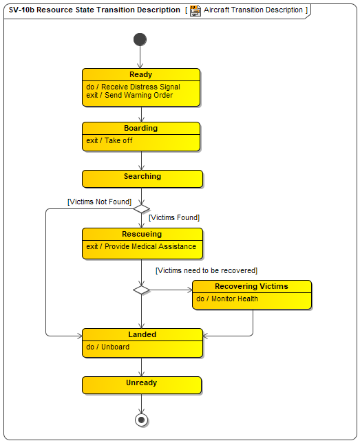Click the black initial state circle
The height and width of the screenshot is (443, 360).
click(x=140, y=39)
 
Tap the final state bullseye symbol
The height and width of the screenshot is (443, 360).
click(x=141, y=420)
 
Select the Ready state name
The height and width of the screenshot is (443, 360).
click(x=141, y=74)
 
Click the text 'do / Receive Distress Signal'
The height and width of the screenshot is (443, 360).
click(x=133, y=87)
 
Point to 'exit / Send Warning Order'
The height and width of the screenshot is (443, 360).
click(x=129, y=95)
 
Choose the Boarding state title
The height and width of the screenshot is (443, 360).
click(x=141, y=128)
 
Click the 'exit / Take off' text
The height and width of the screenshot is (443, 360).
click(x=109, y=140)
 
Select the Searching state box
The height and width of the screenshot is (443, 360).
click(x=142, y=179)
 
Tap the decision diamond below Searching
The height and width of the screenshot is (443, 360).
click(x=141, y=209)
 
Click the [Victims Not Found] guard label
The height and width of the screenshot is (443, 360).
click(x=100, y=202)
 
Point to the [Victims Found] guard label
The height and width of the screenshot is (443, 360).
click(x=174, y=217)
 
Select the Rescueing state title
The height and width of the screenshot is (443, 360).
click(x=142, y=234)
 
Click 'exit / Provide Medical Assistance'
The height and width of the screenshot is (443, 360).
click(x=141, y=246)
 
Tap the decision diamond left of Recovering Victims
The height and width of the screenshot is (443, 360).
click(x=141, y=290)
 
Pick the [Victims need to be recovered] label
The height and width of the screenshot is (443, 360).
click(x=207, y=270)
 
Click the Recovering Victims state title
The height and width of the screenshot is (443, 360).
click(x=251, y=286)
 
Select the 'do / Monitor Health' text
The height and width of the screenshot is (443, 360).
click(x=227, y=299)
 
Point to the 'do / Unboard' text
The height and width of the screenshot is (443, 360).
click(x=108, y=347)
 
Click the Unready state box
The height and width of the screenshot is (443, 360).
click(x=142, y=385)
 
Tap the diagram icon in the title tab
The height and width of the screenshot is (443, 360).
click(x=195, y=11)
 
